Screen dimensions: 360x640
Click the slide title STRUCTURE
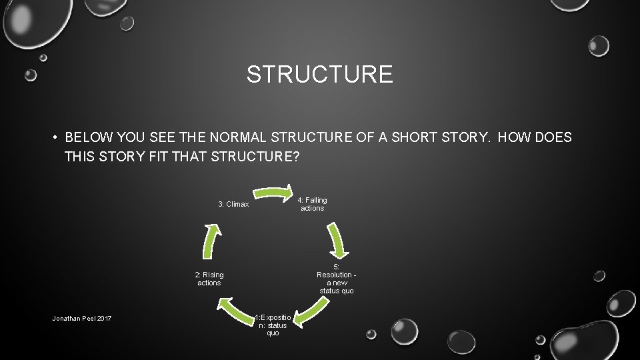pos(319,74)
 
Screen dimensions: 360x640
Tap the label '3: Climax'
pos(233,204)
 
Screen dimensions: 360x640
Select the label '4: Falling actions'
pos(312,204)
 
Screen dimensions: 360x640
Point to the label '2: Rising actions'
pos(209,279)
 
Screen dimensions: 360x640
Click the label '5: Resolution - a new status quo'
pos(336,279)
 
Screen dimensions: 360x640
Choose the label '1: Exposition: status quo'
pos(273,325)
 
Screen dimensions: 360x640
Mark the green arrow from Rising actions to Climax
pos(211,240)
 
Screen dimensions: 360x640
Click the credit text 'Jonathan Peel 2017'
pos(82,319)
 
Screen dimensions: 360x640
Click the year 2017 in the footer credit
pos(104,319)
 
